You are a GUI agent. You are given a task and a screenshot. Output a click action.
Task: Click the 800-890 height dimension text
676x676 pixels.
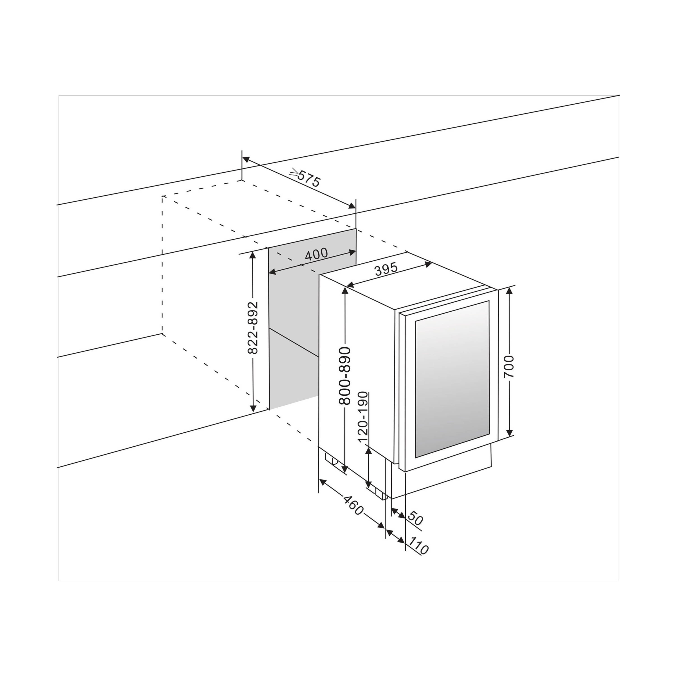[x=345, y=376]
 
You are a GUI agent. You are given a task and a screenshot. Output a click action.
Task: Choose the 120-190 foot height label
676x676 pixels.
[x=363, y=417]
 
